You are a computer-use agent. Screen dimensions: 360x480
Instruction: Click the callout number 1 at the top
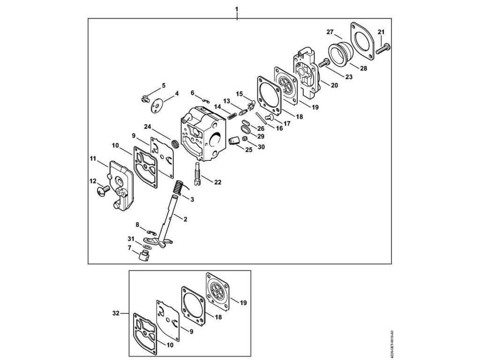click(x=237, y=9)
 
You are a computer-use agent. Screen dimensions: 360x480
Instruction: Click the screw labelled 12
click(x=102, y=190)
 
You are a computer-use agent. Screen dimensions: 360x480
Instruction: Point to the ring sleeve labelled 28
click(x=340, y=52)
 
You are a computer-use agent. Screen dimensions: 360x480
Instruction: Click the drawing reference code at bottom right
click(x=392, y=344)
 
